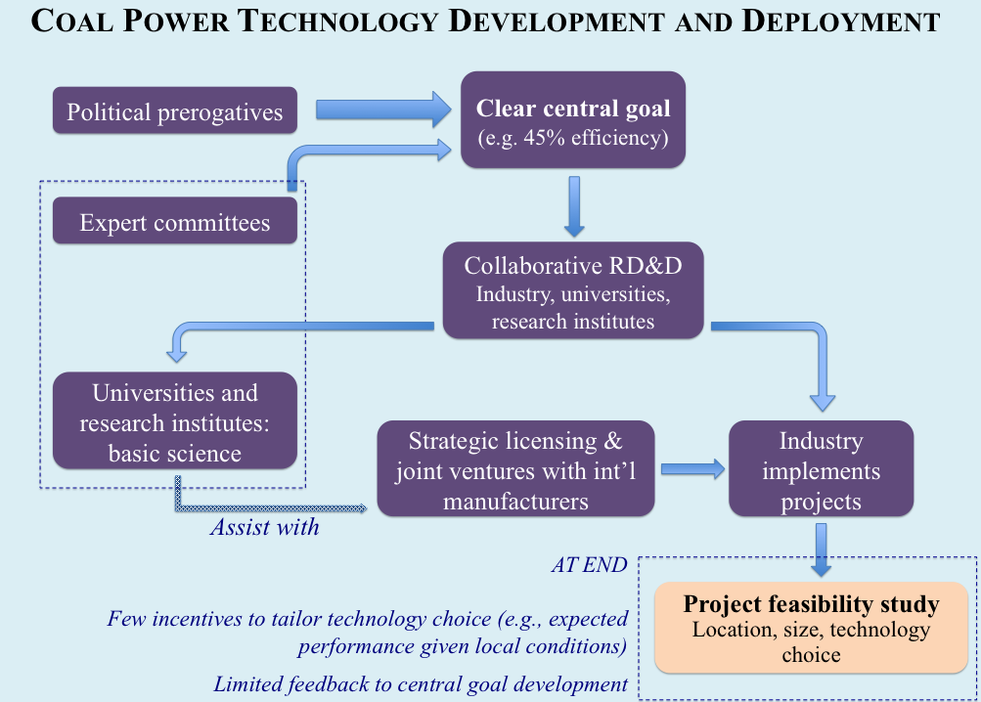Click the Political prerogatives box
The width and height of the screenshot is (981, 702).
click(x=174, y=110)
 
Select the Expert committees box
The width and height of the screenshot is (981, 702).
click(x=174, y=220)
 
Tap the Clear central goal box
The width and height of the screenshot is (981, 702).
click(x=573, y=119)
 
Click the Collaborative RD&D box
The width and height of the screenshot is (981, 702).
click(x=573, y=290)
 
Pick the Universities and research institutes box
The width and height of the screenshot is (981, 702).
click(x=174, y=420)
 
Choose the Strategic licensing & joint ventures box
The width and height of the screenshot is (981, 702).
click(x=515, y=468)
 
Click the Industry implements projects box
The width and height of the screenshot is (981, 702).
click(x=821, y=468)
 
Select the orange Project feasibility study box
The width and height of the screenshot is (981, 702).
click(x=811, y=628)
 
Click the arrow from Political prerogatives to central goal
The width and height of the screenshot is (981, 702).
click(x=382, y=110)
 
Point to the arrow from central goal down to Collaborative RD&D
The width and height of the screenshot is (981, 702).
click(x=574, y=206)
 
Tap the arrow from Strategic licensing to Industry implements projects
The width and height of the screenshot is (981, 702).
click(x=692, y=469)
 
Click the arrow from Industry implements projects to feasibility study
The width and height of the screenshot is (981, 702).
click(x=822, y=549)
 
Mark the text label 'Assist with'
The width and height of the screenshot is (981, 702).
click(x=265, y=527)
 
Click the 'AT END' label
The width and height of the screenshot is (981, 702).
click(x=590, y=564)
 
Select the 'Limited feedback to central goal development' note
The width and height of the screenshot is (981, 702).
click(x=421, y=684)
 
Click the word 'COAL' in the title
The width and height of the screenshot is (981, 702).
click(x=71, y=21)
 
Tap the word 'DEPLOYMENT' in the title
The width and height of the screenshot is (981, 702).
click(x=841, y=21)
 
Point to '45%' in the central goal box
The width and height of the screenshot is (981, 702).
click(x=545, y=137)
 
